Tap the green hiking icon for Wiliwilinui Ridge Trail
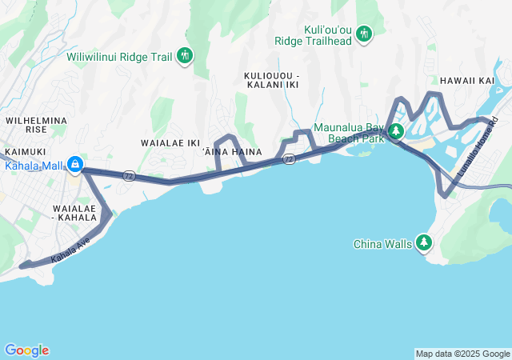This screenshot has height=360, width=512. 186,55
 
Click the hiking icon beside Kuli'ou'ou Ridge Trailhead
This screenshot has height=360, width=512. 365,33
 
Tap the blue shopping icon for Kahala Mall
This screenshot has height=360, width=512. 74,165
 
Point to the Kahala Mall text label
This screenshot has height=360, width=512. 34,166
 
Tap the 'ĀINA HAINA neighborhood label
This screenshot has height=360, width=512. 238,152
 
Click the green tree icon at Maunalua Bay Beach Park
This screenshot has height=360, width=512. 395,130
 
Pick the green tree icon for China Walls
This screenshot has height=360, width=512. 423,242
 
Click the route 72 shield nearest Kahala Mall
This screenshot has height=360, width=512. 129,175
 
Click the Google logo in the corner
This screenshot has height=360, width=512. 26,350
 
